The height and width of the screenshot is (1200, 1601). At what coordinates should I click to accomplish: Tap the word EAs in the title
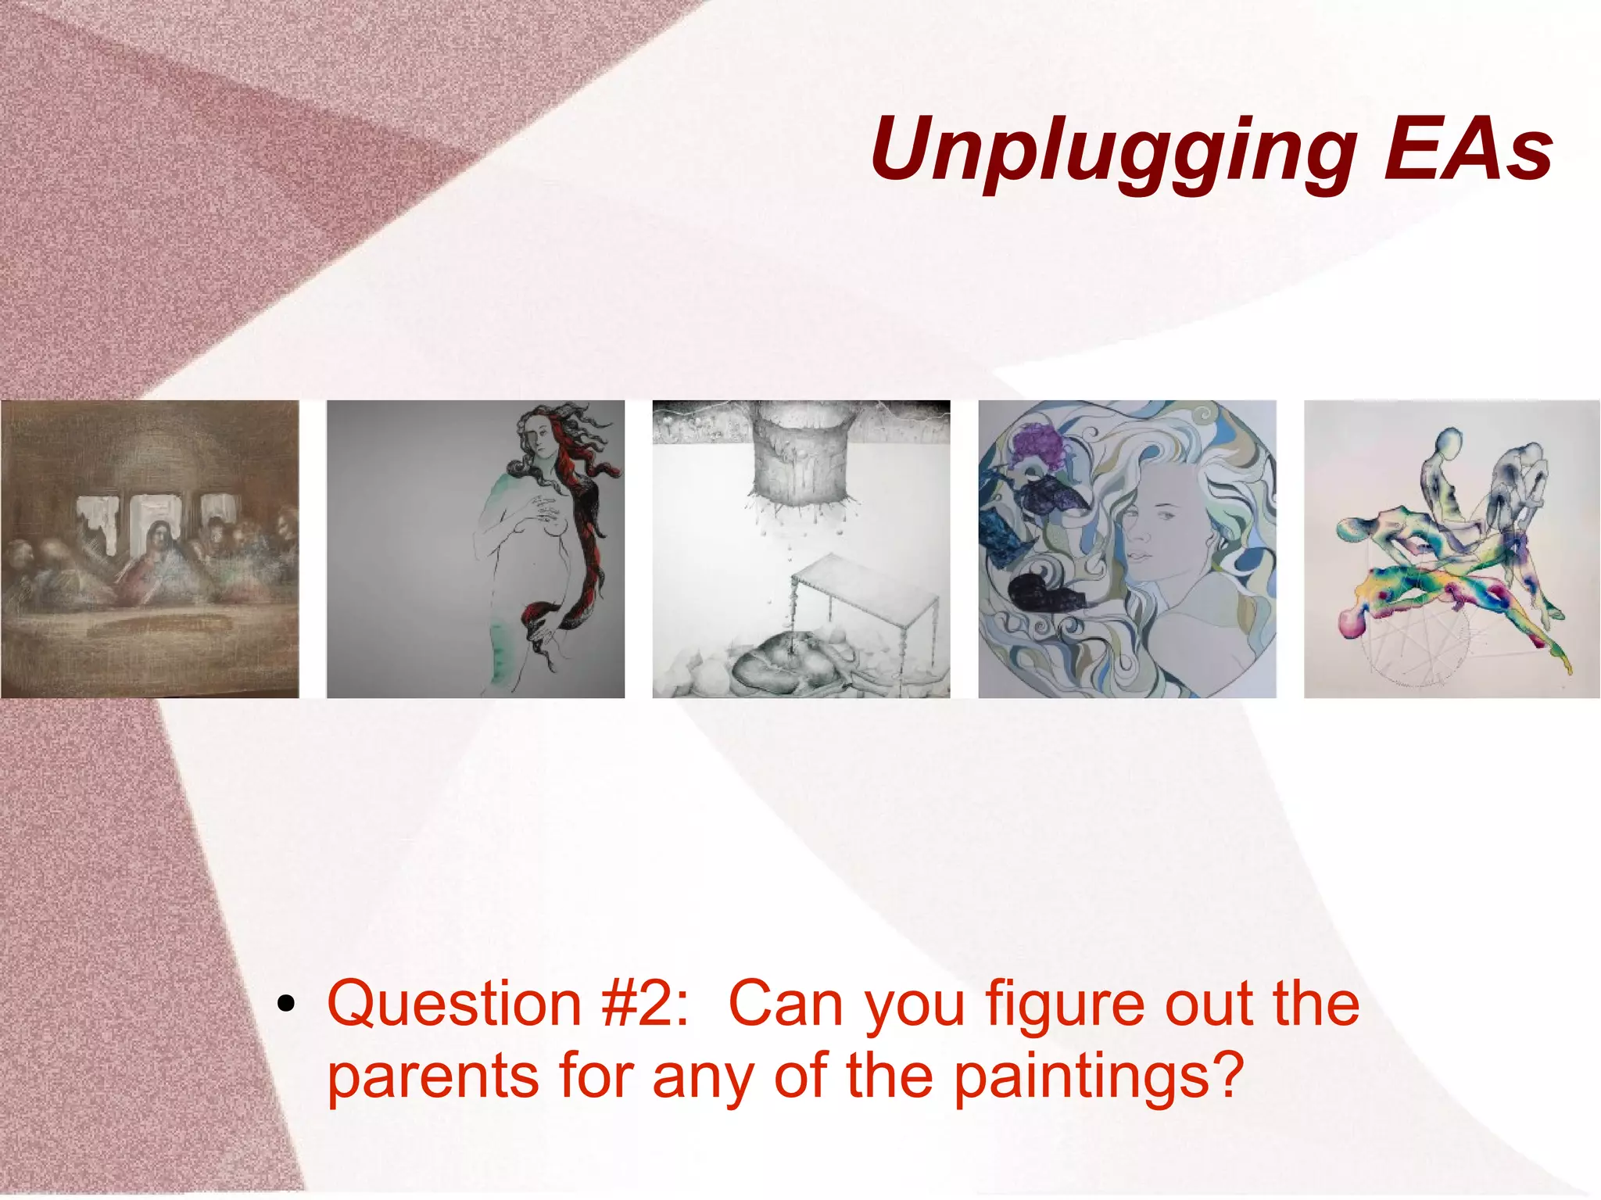pyautogui.click(x=1467, y=149)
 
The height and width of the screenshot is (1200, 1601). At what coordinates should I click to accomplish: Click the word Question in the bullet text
pyautogui.click(x=454, y=1004)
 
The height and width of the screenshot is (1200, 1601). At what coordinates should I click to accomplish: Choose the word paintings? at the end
pyautogui.click(x=1098, y=1077)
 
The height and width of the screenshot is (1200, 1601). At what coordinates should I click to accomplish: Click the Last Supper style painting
pyautogui.click(x=149, y=549)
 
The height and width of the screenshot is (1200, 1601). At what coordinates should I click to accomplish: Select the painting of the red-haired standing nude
pyautogui.click(x=475, y=549)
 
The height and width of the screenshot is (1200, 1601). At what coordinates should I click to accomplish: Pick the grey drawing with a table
pyautogui.click(x=801, y=549)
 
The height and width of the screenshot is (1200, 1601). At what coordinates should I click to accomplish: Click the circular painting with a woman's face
pyautogui.click(x=1126, y=549)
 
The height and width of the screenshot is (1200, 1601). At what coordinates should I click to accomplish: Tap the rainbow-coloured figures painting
pyautogui.click(x=1452, y=549)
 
